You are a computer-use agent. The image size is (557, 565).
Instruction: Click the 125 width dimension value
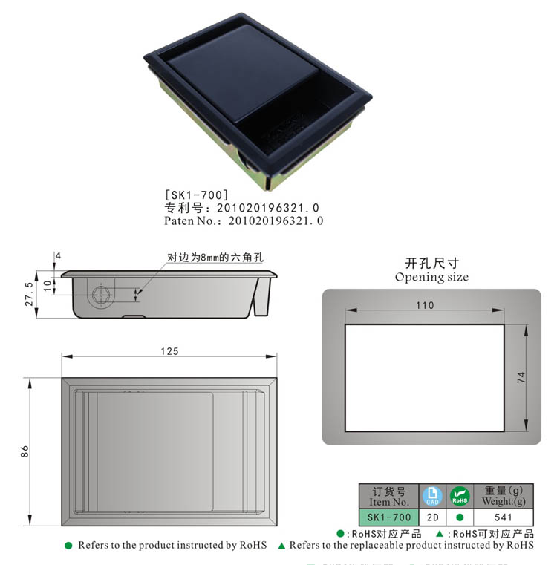coord(169,351)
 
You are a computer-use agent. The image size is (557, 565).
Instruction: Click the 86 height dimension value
coord(25,451)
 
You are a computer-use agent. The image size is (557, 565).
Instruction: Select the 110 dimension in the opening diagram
coord(425,305)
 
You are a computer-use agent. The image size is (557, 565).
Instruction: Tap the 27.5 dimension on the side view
coord(30,294)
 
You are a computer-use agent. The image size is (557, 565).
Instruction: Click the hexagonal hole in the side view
coord(101,295)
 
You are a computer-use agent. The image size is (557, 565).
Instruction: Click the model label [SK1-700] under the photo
coord(191,195)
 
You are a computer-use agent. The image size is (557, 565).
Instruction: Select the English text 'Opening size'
coord(431,277)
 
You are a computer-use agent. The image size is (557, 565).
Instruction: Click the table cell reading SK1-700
coord(389,517)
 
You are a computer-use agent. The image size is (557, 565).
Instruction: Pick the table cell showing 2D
coord(432,517)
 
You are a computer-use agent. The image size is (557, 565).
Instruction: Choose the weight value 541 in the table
coord(504,517)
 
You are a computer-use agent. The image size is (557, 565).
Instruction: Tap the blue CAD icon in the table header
coord(432,496)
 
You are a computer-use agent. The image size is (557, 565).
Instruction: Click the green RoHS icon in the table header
coord(460,496)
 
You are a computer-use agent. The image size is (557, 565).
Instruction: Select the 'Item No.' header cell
coord(389,496)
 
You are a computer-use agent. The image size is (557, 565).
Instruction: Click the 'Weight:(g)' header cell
coord(504,496)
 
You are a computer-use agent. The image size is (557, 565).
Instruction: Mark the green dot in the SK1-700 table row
coord(460,517)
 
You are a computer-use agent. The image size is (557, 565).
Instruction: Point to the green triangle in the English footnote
coord(281,546)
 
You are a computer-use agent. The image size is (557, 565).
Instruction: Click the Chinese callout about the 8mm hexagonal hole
coord(215,258)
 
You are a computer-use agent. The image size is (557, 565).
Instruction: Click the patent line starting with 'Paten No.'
coord(244,221)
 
